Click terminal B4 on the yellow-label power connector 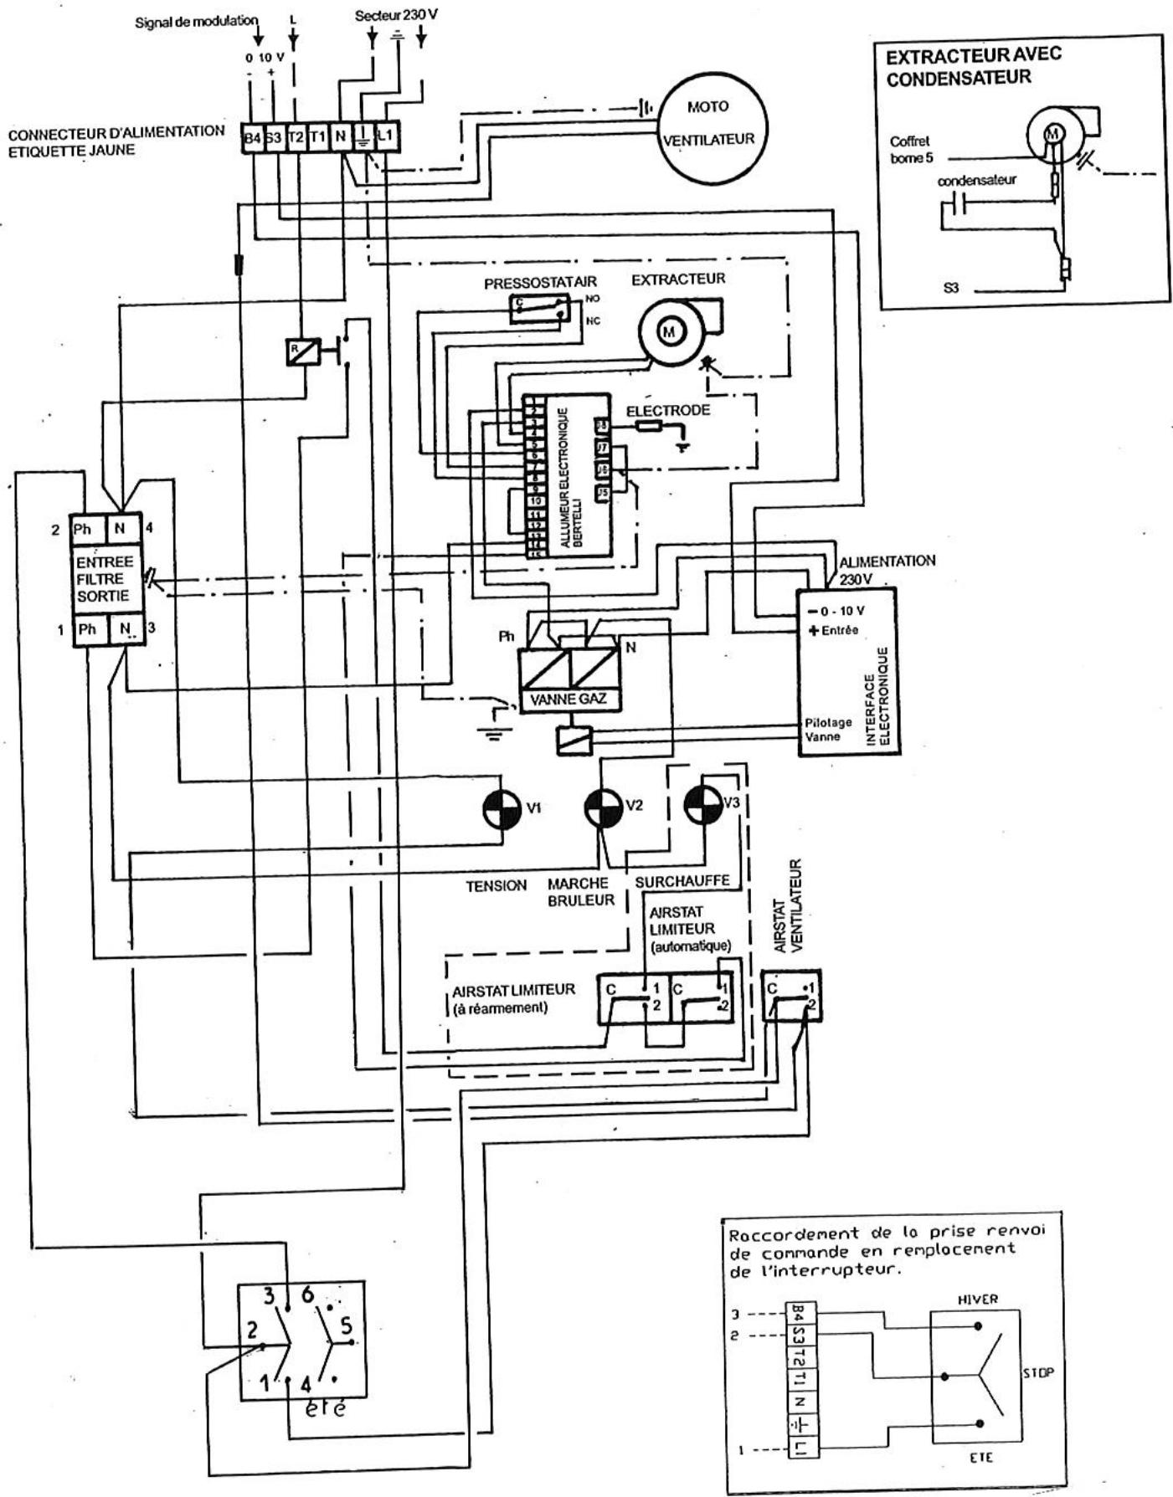coord(252,138)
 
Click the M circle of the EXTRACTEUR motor coord(669,332)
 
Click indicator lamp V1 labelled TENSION coord(503,808)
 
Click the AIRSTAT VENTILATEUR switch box coord(790,997)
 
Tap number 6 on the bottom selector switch coord(306,1296)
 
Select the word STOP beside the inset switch coord(1038,1372)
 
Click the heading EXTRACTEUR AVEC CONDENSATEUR coord(972,66)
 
